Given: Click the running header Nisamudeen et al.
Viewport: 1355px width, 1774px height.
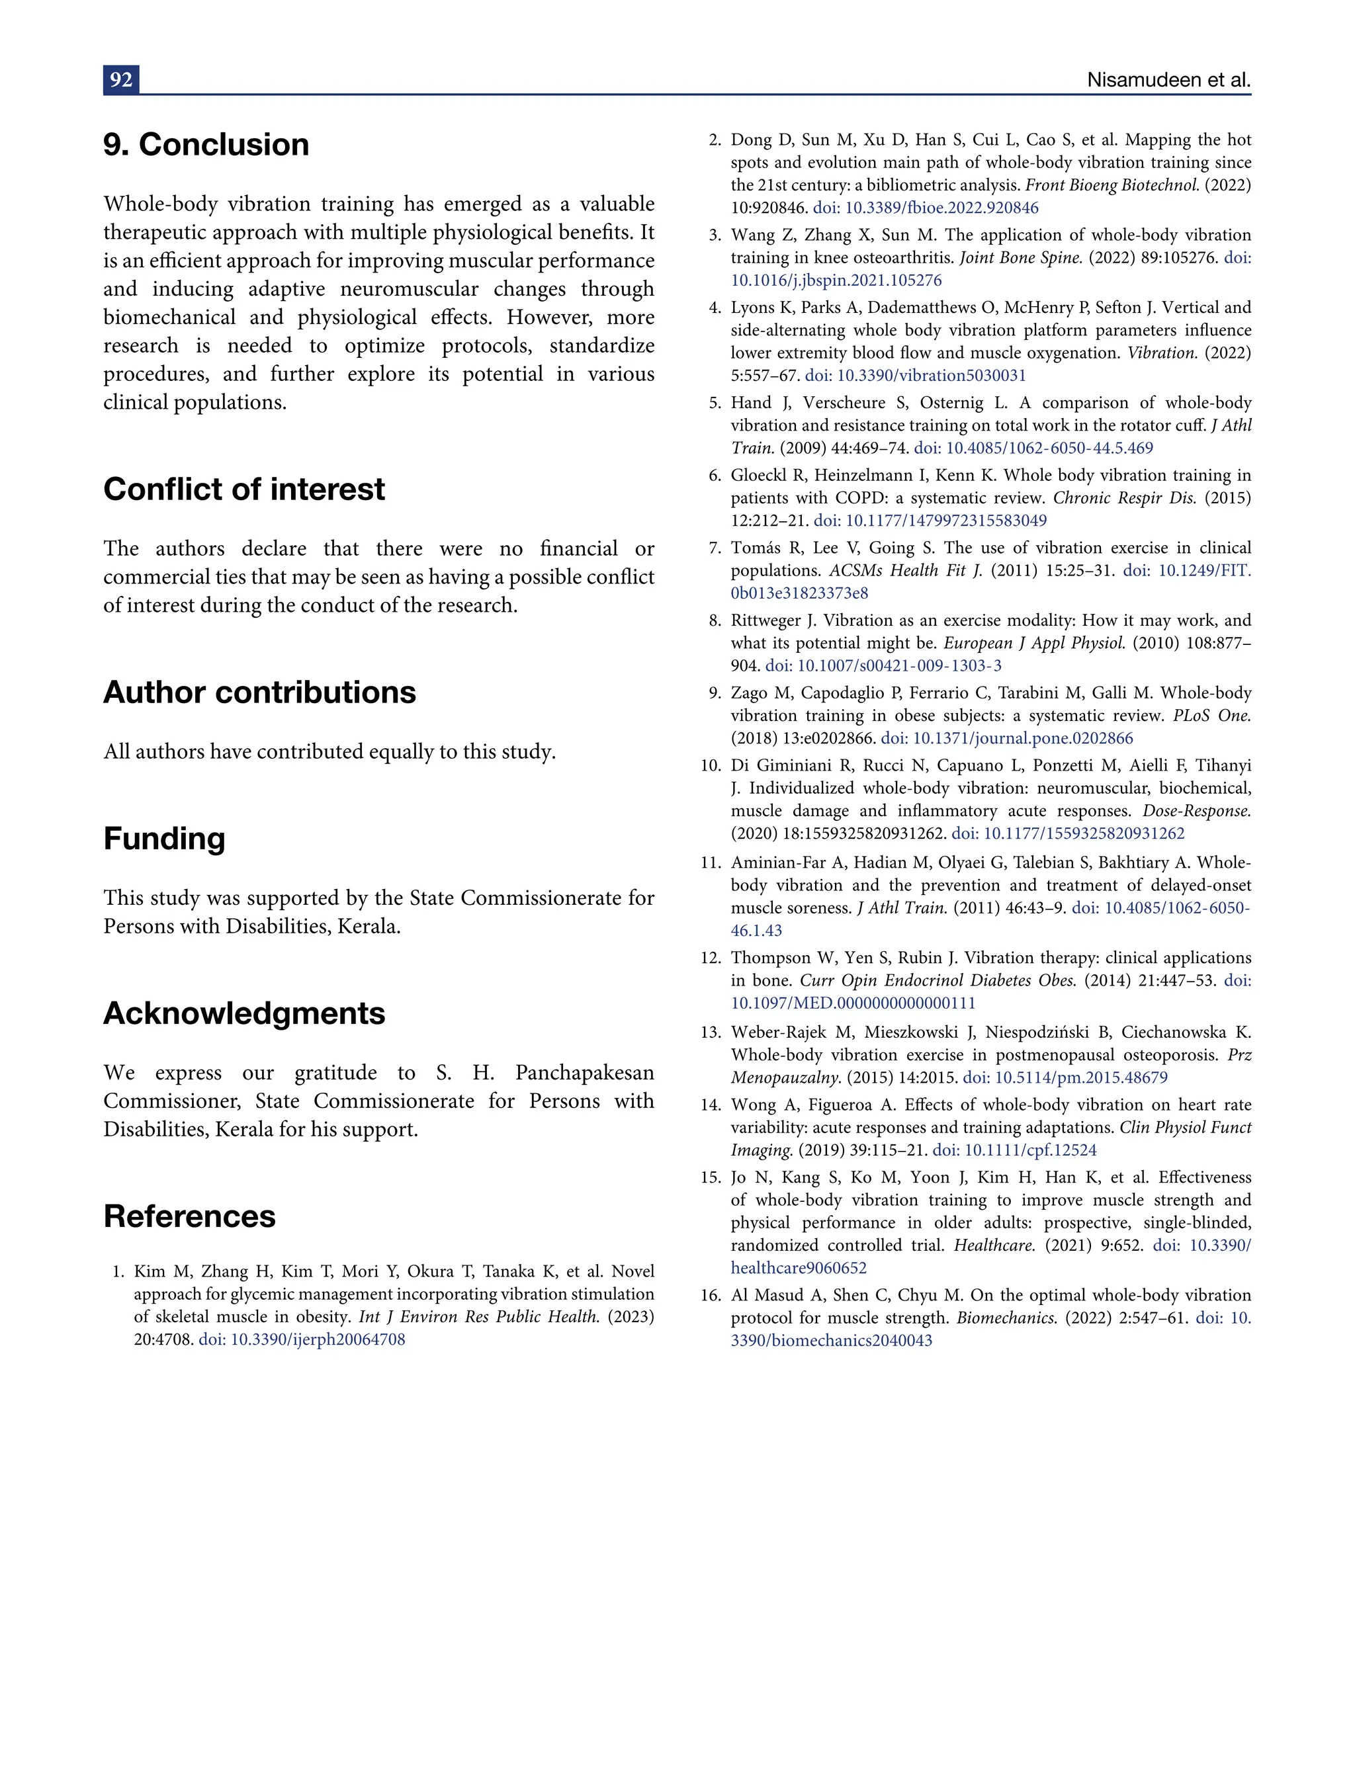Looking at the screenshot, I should [1168, 80].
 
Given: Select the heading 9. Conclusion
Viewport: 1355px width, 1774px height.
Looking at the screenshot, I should [206, 145].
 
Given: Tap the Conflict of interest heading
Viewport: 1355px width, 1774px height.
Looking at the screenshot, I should [244, 489].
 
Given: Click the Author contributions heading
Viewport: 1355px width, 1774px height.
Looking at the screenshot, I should [260, 693].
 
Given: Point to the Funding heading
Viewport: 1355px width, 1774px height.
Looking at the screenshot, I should [165, 839].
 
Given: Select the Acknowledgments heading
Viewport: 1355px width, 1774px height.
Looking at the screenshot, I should [244, 1013].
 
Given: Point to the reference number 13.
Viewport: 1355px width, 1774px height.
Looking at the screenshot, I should [710, 1033].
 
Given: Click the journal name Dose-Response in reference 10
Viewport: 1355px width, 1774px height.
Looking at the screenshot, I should [1196, 811].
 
